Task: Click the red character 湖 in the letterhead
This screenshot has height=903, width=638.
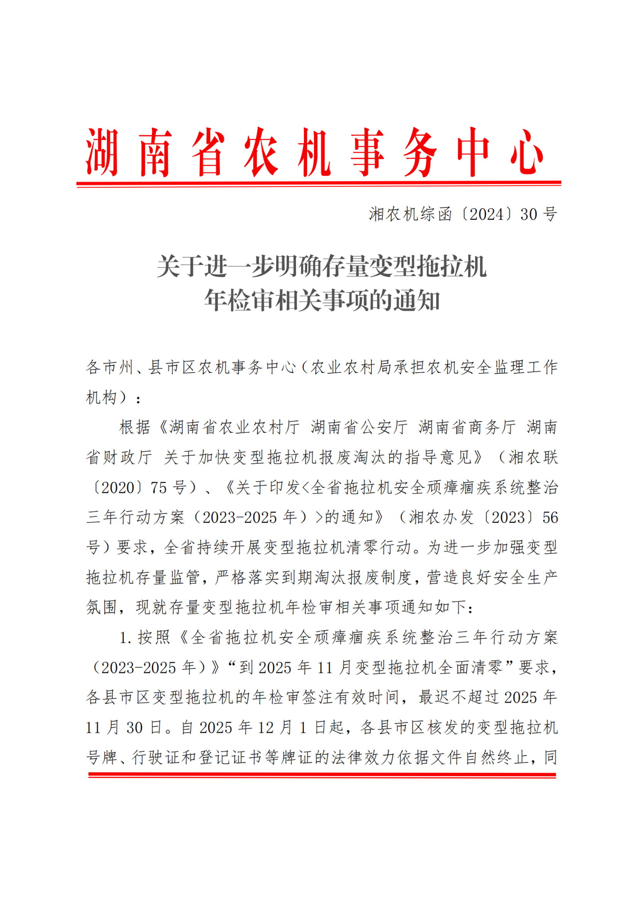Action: pyautogui.click(x=102, y=152)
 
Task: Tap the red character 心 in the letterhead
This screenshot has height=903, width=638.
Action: pyautogui.click(x=527, y=152)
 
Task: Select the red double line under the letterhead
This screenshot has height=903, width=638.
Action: pyautogui.click(x=319, y=184)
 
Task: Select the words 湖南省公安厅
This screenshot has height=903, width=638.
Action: pyautogui.click(x=359, y=427)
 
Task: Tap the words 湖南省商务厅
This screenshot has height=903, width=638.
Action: pyautogui.click(x=467, y=427)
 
